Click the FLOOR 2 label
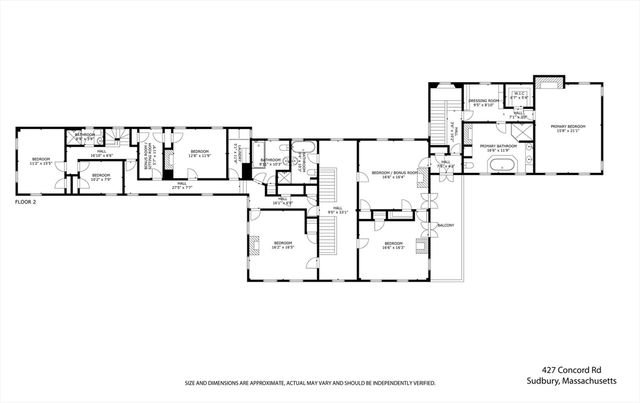point(25,201)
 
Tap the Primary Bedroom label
point(566,127)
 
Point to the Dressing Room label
point(484,101)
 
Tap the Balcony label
point(446,226)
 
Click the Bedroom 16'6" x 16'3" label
point(393,243)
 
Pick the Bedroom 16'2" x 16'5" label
point(284,243)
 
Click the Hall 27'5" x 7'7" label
point(182,185)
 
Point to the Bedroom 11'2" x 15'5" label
point(40,161)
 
